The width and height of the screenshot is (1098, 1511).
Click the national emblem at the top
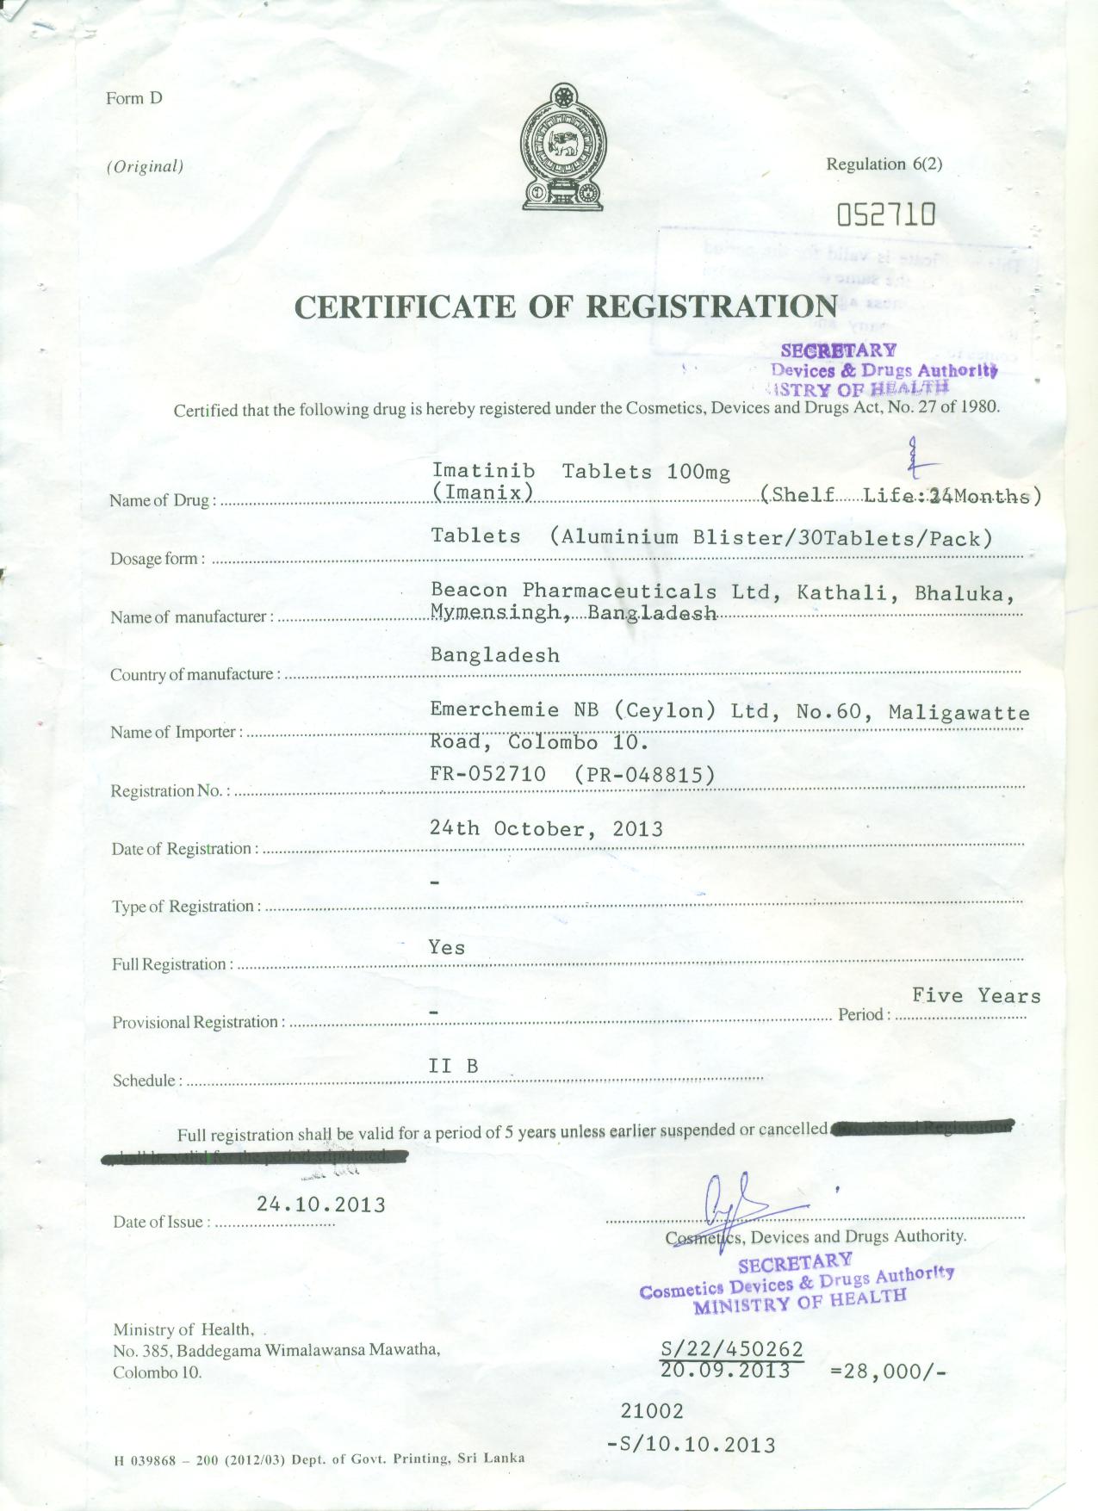tap(563, 147)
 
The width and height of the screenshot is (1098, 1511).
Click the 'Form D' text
tap(134, 98)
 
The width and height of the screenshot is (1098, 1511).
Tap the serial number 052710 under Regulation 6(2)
tap(886, 214)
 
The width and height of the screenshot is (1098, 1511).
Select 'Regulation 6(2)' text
tap(884, 164)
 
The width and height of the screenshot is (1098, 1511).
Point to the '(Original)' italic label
tap(145, 166)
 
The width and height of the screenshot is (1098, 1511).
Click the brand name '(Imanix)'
tap(482, 492)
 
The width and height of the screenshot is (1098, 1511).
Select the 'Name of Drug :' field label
tap(162, 500)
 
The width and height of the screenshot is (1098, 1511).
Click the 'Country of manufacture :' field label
tap(195, 674)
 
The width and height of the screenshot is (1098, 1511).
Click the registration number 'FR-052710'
tap(488, 774)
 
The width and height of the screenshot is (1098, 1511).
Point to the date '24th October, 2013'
tap(546, 828)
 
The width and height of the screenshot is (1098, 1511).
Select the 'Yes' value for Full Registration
tap(447, 947)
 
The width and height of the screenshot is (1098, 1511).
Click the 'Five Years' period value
tap(977, 996)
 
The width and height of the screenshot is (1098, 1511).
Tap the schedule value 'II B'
tap(453, 1066)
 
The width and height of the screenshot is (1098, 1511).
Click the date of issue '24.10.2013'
tap(320, 1204)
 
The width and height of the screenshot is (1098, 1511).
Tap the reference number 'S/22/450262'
tap(732, 1348)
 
